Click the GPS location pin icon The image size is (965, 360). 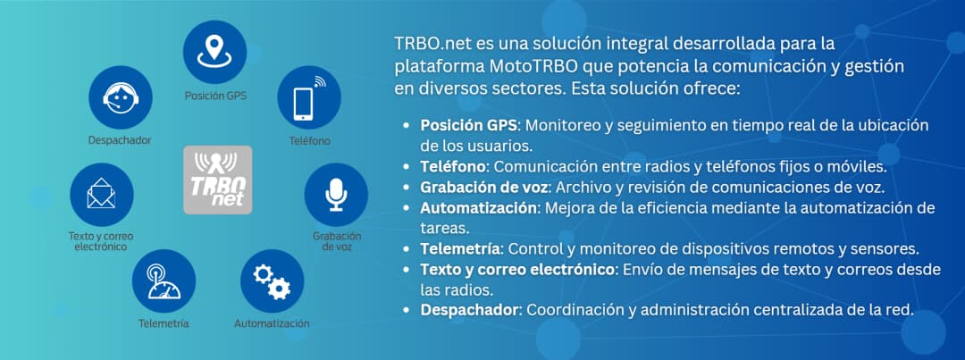(x=214, y=51)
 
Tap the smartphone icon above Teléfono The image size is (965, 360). (x=308, y=96)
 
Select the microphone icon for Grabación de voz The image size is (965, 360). (x=336, y=194)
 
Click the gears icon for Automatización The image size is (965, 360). (x=272, y=280)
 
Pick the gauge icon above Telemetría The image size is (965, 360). (x=164, y=280)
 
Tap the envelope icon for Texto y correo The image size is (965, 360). (x=101, y=194)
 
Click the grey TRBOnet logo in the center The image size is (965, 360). (x=217, y=179)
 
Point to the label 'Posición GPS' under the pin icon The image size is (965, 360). (x=215, y=95)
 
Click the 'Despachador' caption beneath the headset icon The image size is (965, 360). (x=120, y=140)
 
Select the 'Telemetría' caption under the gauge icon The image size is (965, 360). (x=164, y=323)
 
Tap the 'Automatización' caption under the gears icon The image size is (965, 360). (x=272, y=323)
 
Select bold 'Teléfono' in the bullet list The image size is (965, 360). (x=453, y=166)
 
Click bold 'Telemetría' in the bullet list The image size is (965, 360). (x=459, y=248)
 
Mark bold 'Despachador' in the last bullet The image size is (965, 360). (x=469, y=310)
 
